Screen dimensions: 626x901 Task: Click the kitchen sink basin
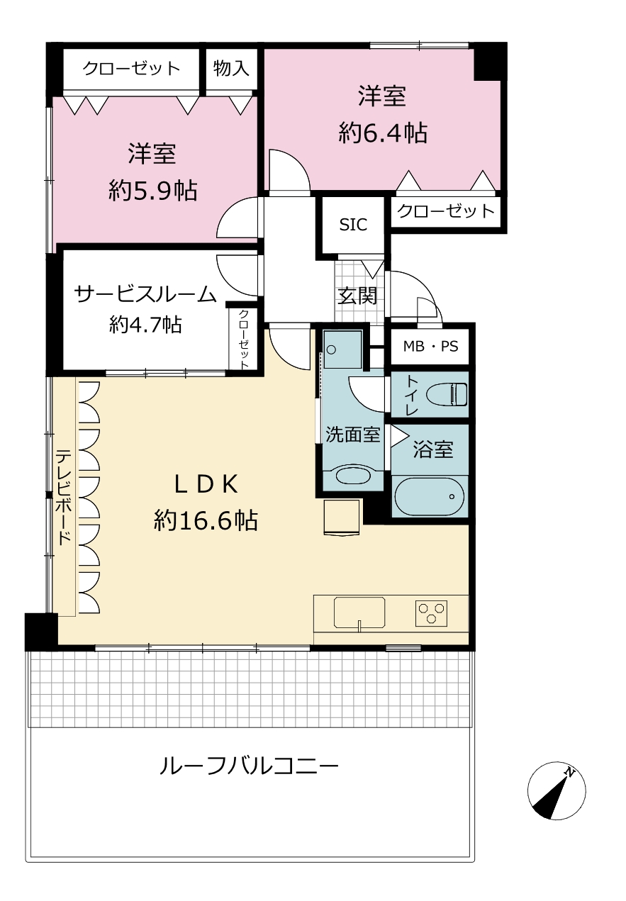point(359,612)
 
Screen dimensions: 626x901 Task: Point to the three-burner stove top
point(431,612)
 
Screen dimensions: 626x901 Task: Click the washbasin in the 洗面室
point(353,475)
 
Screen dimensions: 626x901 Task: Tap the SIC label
point(353,225)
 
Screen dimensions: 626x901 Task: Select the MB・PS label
point(430,347)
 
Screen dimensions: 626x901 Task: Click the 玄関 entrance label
point(357,296)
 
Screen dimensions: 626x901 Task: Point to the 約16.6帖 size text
point(206,520)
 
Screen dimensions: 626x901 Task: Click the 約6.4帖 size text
point(383,132)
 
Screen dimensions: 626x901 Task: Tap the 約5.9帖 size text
point(152,190)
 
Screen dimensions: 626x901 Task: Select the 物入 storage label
point(231,68)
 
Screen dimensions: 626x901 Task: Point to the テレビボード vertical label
point(64,497)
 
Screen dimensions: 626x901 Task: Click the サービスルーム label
point(145,293)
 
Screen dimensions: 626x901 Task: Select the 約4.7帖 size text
point(145,324)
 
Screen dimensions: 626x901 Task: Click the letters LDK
point(206,484)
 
